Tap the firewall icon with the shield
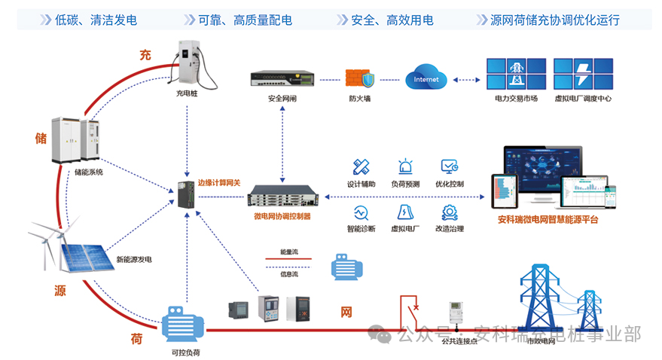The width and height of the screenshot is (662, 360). click(x=358, y=79)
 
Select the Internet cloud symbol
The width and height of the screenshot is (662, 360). click(x=426, y=78)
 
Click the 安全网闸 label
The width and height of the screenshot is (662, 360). click(x=282, y=99)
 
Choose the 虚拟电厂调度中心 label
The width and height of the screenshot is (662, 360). click(x=582, y=99)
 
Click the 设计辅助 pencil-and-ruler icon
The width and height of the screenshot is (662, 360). click(x=360, y=167)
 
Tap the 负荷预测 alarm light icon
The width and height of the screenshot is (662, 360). click(x=405, y=167)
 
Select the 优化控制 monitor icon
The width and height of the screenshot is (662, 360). click(x=450, y=167)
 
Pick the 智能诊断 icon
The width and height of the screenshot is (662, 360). click(x=360, y=212)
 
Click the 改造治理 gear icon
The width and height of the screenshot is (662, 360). click(x=450, y=212)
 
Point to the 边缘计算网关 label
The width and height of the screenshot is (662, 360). click(x=218, y=182)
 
